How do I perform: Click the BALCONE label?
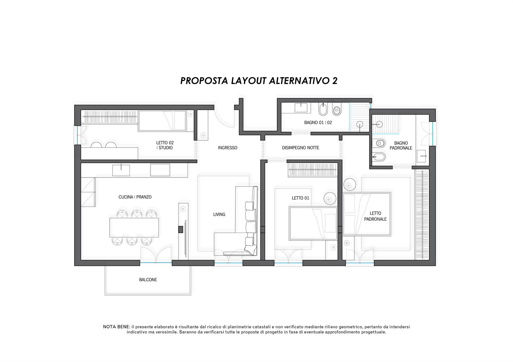(148, 280)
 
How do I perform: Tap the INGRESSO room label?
(227, 148)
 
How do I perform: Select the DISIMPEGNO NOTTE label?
(300, 148)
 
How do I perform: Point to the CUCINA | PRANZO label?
(135, 197)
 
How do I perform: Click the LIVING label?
(219, 214)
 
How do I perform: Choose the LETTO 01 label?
(300, 198)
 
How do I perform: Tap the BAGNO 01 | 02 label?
(318, 122)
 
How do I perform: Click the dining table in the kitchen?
(134, 227)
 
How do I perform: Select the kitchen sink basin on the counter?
(121, 170)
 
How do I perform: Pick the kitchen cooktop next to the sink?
(160, 170)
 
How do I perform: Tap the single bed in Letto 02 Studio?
(162, 121)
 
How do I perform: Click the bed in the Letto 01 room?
(313, 224)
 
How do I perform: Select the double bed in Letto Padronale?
(367, 214)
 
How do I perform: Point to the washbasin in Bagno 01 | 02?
(301, 108)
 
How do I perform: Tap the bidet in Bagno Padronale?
(379, 157)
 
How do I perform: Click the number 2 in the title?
(334, 81)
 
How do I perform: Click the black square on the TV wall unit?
(181, 229)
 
